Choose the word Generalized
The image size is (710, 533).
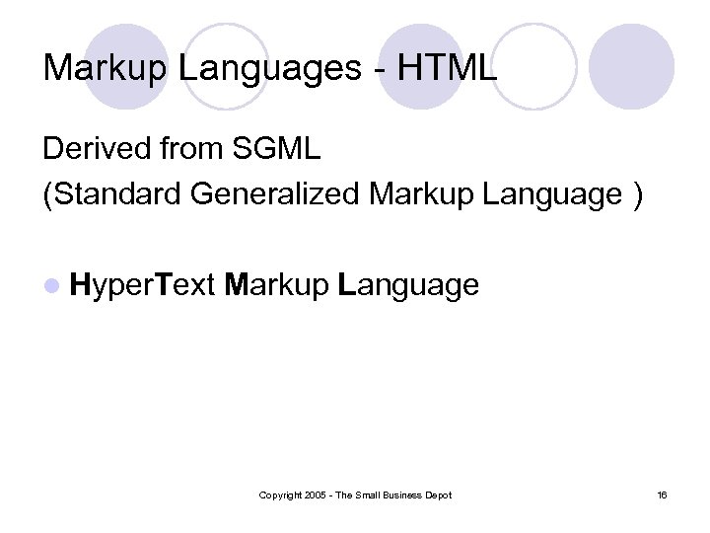click(276, 194)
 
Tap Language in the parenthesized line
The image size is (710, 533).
click(553, 194)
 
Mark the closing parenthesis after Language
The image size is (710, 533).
click(639, 194)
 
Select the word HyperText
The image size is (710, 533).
click(142, 286)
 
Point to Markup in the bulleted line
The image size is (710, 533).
click(276, 286)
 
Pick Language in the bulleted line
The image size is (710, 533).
click(408, 286)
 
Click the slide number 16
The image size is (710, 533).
click(662, 495)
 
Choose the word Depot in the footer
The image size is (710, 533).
click(438, 495)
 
